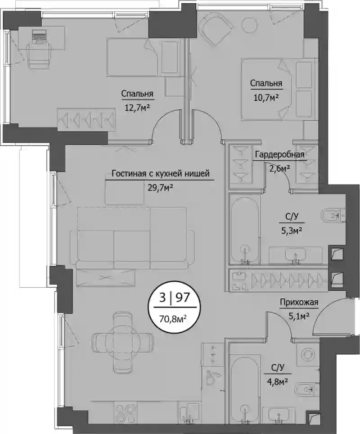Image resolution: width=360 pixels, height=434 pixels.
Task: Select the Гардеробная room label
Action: [279, 154]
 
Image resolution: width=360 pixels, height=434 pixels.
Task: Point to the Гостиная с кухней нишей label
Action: [161, 173]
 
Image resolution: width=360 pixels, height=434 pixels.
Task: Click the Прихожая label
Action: [299, 302]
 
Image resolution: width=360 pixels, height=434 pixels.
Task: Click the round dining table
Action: [122, 338]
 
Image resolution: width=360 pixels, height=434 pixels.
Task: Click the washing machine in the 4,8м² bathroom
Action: [308, 353]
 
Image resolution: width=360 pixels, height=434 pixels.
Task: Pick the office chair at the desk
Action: [39, 56]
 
